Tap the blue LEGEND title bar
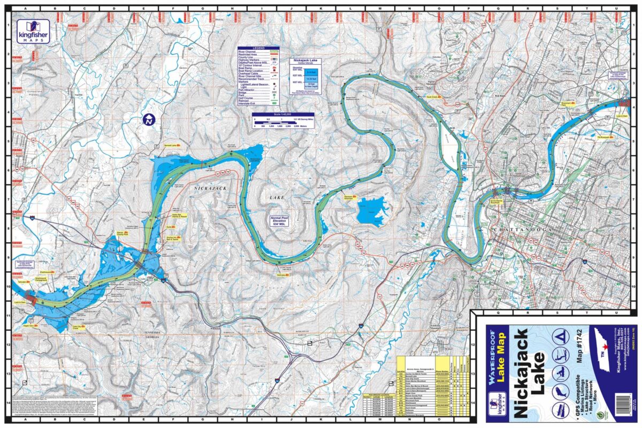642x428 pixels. (x=258, y=48)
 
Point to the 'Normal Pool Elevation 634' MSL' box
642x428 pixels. (x=281, y=220)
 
